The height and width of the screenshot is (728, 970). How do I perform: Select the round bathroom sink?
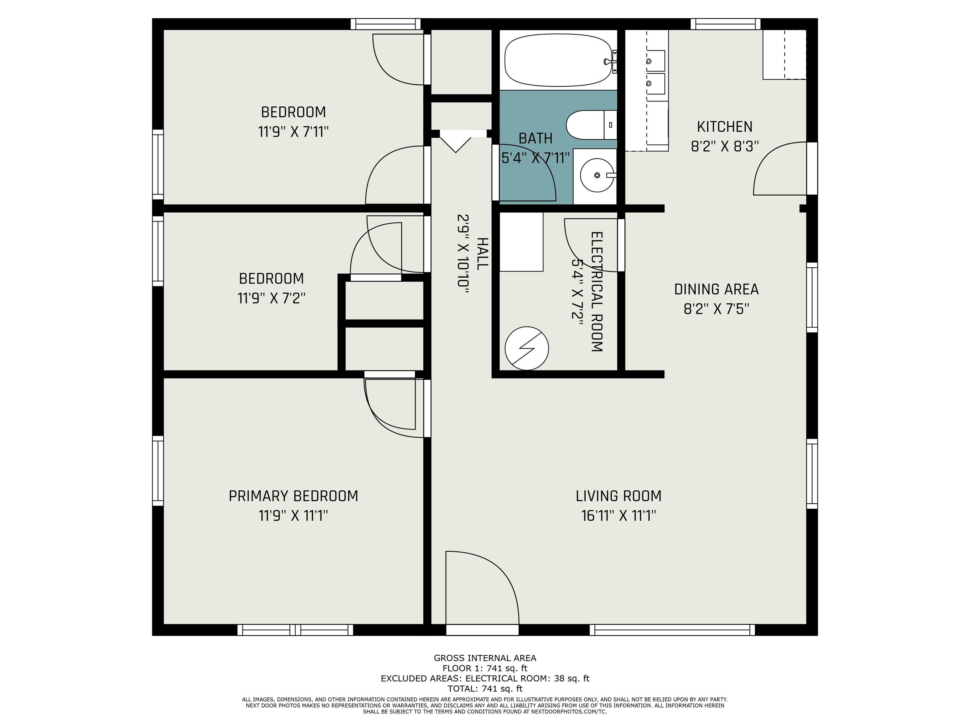coord(597,175)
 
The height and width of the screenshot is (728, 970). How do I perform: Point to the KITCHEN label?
coord(724,127)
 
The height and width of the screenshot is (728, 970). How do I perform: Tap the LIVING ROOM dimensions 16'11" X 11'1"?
coord(618,515)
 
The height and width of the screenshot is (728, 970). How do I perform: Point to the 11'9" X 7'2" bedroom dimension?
coord(271,298)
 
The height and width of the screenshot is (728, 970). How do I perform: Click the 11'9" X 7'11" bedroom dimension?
coord(293,132)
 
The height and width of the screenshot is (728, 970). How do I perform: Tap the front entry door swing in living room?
coord(482,587)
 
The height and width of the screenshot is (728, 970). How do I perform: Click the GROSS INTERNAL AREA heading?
coord(485,658)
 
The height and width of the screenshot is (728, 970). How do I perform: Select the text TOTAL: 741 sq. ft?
coord(485,689)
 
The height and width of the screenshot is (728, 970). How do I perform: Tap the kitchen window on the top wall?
coord(726,24)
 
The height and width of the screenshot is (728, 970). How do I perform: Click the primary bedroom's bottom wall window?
coord(295,630)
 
